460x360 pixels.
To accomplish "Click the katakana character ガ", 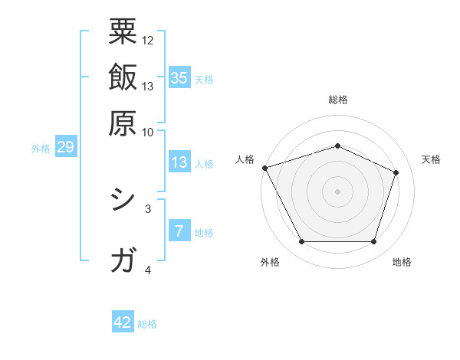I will [x=123, y=261].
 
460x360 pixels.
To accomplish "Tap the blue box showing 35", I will [x=179, y=77].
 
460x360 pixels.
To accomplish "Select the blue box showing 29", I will [x=65, y=147].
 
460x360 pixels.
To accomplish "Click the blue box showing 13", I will [x=179, y=162].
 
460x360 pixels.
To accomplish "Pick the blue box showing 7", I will [x=179, y=231].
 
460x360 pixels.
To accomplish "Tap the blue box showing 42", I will [x=123, y=322].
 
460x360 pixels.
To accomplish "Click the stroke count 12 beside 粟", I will [x=148, y=40].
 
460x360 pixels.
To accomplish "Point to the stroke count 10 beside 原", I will [x=148, y=131].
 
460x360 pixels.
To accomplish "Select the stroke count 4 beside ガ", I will [x=148, y=270].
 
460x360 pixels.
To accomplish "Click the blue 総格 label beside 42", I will [x=147, y=324].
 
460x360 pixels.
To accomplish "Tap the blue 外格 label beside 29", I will [x=41, y=149].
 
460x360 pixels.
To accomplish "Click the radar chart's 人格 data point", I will [x=264, y=168].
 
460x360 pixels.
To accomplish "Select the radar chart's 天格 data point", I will [x=396, y=172].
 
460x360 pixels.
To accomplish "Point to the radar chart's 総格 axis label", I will [x=338, y=100].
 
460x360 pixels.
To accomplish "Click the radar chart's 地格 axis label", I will [x=402, y=263].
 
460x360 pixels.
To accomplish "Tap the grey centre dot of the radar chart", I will [x=338, y=191].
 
